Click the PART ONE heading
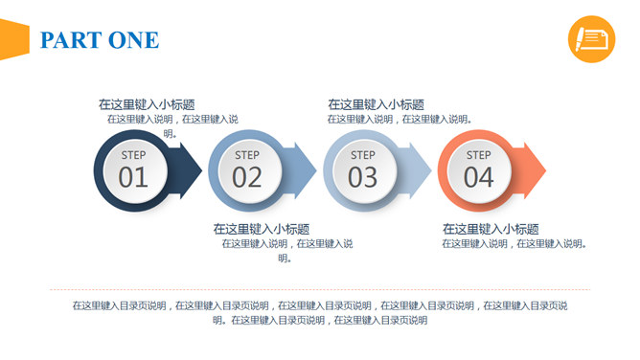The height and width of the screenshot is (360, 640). coord(100,40)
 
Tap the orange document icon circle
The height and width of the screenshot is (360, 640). coord(591,39)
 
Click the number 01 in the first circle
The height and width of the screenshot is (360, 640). coord(133,177)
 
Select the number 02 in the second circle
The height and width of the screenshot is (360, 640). coord(247,177)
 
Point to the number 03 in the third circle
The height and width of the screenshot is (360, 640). coord(362,177)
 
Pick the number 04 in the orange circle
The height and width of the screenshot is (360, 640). coord(478,177)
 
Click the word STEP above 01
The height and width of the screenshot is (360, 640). coord(133,155)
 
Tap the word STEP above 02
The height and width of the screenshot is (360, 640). coord(247,155)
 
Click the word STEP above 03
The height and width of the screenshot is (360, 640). coord(362,155)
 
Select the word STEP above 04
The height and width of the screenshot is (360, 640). coord(478,155)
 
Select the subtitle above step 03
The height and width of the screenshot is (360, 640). coord(376,104)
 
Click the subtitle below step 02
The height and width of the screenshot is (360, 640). coord(261,229)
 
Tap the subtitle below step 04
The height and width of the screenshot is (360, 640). coord(491,229)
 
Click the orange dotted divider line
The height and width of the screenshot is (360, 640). coord(319,289)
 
